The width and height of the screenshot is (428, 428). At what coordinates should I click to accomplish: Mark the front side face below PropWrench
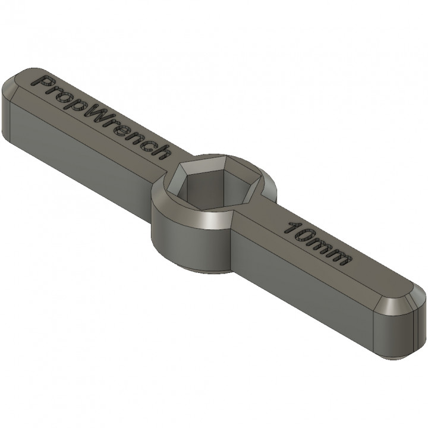coord(83,155)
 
